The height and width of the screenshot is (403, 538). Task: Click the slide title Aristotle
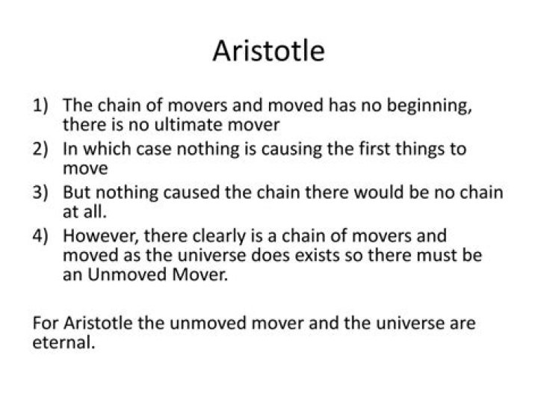click(x=268, y=52)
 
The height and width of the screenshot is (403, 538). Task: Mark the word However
click(x=96, y=236)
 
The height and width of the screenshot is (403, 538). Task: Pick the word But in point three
click(x=78, y=192)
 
